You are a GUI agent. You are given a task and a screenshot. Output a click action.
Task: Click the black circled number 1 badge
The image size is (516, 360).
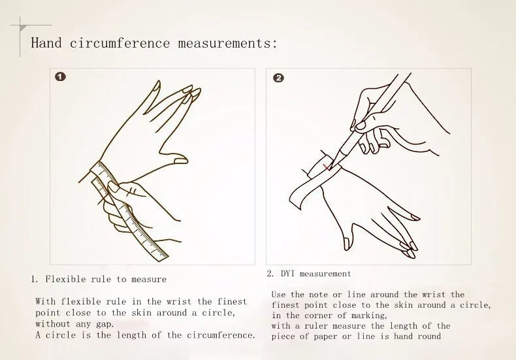coord(60,77)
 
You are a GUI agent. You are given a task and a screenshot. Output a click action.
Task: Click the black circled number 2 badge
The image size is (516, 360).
coord(278,78)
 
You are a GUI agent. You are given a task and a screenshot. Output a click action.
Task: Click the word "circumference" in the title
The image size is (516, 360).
coord(120,43)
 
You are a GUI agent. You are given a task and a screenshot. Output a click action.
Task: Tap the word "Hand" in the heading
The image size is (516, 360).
coord(46,43)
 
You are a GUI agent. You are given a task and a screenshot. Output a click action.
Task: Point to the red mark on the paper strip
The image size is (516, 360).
coord(327,168)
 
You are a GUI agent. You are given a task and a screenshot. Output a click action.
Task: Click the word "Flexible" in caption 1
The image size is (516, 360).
coord(66,280)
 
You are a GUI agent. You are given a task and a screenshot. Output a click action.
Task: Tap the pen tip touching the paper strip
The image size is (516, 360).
coord(331,167)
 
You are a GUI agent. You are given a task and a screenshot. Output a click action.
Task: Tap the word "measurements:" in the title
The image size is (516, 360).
coord(228,43)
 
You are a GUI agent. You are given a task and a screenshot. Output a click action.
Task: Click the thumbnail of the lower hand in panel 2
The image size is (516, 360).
coord(346,243)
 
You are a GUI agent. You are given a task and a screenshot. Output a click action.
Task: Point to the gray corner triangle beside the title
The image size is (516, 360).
coord(23,28)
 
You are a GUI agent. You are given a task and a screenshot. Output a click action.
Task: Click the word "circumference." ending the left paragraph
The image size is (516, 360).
coord(221,335)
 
